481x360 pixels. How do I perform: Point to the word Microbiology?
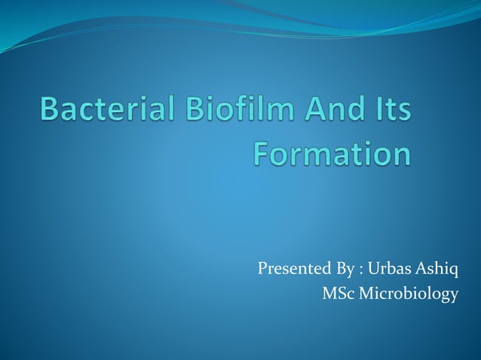click(x=408, y=294)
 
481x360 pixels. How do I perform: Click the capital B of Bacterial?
click(x=50, y=113)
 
